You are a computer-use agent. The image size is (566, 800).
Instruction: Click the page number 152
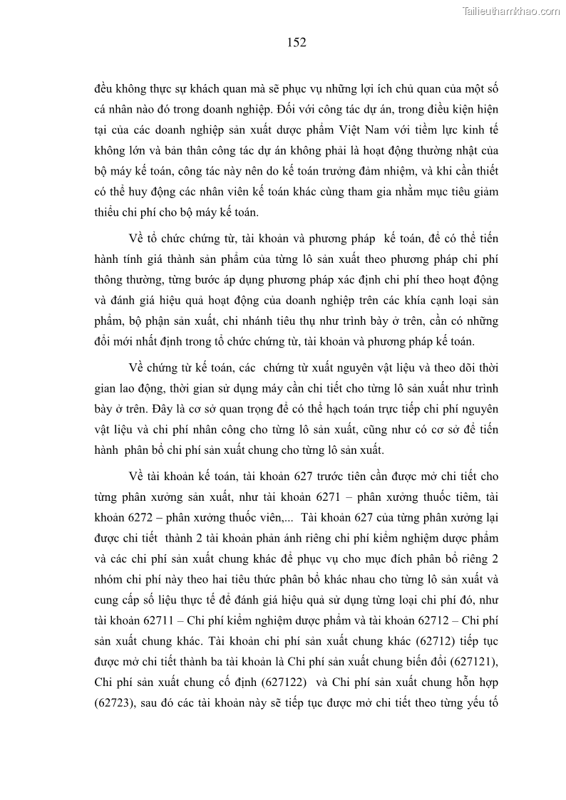pyautogui.click(x=297, y=43)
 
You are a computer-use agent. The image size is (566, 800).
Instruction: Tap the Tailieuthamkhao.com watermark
pyautogui.click(x=511, y=11)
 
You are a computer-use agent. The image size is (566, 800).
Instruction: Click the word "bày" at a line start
pyautogui.click(x=105, y=409)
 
